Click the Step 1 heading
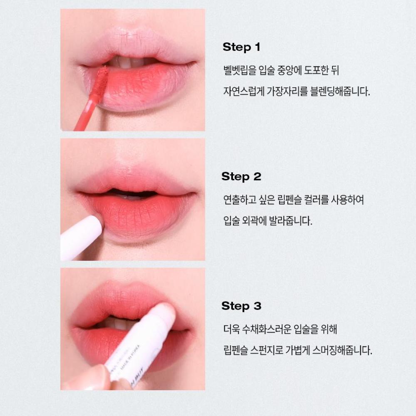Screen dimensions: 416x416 click(241, 47)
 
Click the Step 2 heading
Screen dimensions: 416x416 click(241, 176)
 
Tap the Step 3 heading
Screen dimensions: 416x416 click(241, 306)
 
